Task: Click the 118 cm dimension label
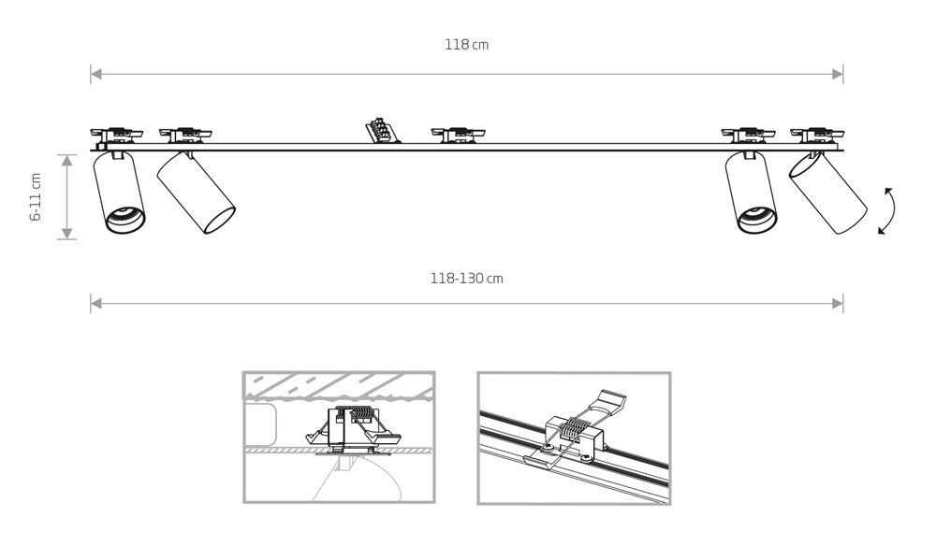466,45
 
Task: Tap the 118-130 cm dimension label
466,279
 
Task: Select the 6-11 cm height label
36,197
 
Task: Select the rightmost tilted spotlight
827,194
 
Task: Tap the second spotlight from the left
196,193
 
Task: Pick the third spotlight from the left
752,192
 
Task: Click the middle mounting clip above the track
458,136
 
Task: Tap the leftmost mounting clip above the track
117,136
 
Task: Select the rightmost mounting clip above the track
816,136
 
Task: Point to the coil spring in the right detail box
576,426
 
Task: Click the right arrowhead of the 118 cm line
838,75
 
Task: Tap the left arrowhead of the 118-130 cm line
96,304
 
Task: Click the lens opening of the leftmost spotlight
125,220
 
